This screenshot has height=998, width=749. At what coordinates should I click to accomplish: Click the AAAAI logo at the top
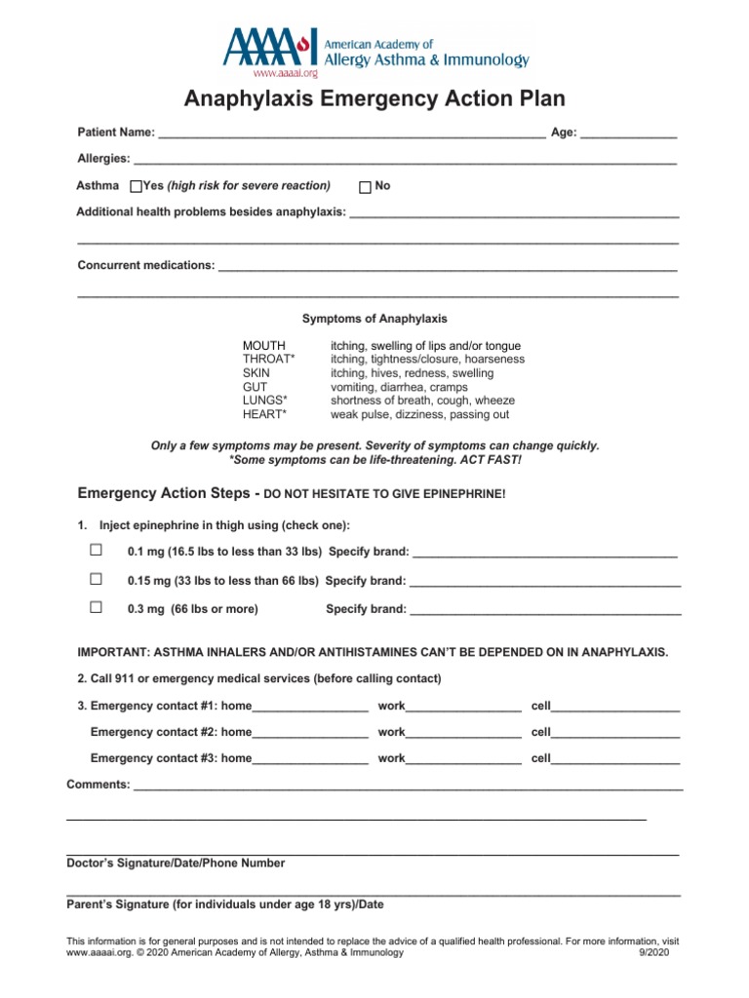pos(375,51)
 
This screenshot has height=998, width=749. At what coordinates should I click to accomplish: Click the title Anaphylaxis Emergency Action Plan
pos(374,99)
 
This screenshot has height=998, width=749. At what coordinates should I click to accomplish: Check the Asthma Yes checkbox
pos(136,187)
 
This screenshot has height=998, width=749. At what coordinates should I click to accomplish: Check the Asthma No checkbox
pos(366,187)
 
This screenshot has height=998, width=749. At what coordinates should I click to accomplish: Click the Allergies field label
pos(103,159)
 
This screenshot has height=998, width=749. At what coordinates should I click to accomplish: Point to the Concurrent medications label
pos(146,265)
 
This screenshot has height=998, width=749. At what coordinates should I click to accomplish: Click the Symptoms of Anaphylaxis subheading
pos(374,319)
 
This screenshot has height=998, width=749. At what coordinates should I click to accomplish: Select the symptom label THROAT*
pos(268,360)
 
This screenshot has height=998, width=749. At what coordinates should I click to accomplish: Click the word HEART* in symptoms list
pos(264,414)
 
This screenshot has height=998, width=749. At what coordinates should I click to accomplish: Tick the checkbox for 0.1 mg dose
pos(96,551)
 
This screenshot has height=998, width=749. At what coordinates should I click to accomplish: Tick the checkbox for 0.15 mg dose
pos(96,579)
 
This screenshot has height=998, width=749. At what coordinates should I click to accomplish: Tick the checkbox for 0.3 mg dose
pos(96,607)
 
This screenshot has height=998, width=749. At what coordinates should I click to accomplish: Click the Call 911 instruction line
pos(258,678)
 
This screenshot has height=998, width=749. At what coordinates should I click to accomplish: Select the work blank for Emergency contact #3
pos(462,759)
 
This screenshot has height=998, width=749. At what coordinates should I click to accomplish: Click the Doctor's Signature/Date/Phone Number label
pos(176,864)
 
